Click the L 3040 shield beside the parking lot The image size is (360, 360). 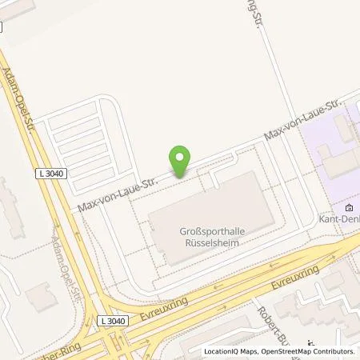[50, 172]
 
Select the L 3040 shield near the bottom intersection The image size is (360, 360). [114, 321]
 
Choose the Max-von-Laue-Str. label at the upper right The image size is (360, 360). [308, 121]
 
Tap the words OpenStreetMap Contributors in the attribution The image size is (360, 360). [315, 351]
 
